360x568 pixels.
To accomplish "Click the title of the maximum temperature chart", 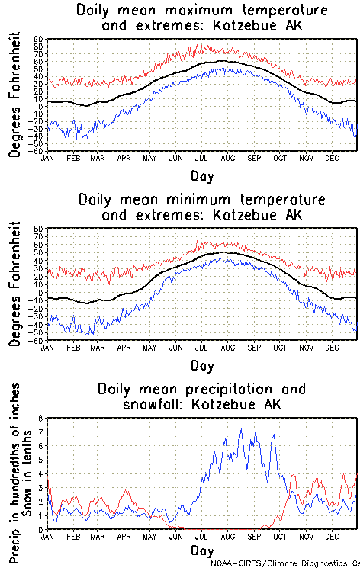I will coord(203,18).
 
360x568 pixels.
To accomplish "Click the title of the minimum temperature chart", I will coord(203,207).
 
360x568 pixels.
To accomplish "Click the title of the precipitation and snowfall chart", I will coord(203,396).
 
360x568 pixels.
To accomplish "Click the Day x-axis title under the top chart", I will coord(202,175).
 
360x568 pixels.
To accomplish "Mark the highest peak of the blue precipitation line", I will coord(242,429).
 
